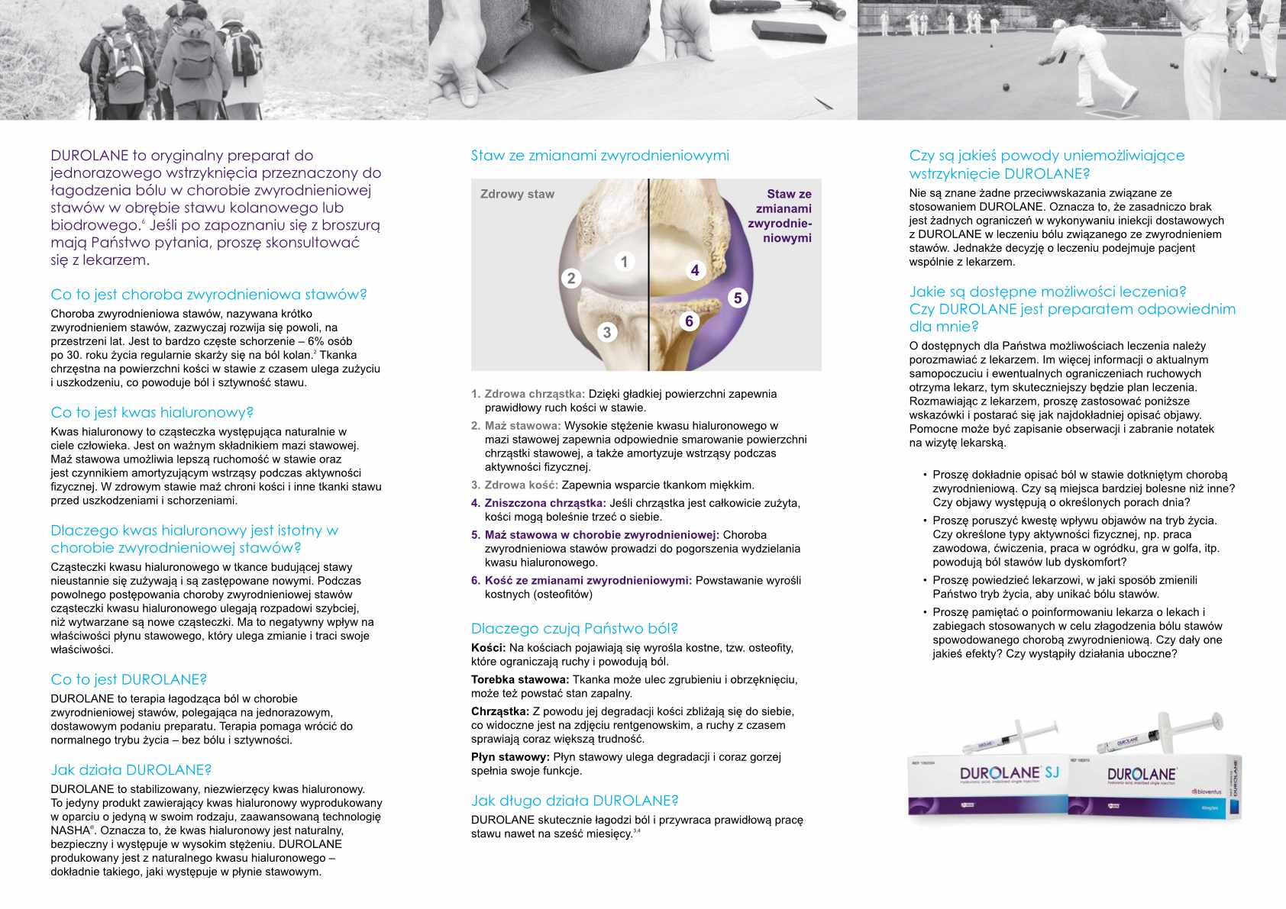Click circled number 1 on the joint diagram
pyautogui.click(x=624, y=262)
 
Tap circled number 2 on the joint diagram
pyautogui.click(x=570, y=278)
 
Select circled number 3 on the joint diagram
pyautogui.click(x=606, y=332)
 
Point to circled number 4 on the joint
pyautogui.click(x=694, y=270)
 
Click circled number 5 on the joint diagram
pyautogui.click(x=737, y=298)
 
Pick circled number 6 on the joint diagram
pyautogui.click(x=689, y=321)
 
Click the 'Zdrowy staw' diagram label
pyautogui.click(x=517, y=194)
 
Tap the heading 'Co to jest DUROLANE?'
pyautogui.click(x=128, y=679)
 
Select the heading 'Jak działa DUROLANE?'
pyautogui.click(x=131, y=770)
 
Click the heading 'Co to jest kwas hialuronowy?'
pyautogui.click(x=152, y=412)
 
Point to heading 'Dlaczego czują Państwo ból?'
pyautogui.click(x=574, y=628)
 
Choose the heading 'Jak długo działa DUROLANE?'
pyautogui.click(x=574, y=801)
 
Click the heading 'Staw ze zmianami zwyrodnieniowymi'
pyautogui.click(x=599, y=156)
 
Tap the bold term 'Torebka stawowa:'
pyautogui.click(x=519, y=679)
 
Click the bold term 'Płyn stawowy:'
pyautogui.click(x=510, y=757)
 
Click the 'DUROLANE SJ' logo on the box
pyautogui.click(x=1009, y=773)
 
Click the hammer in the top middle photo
pyautogui.click(x=771, y=10)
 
